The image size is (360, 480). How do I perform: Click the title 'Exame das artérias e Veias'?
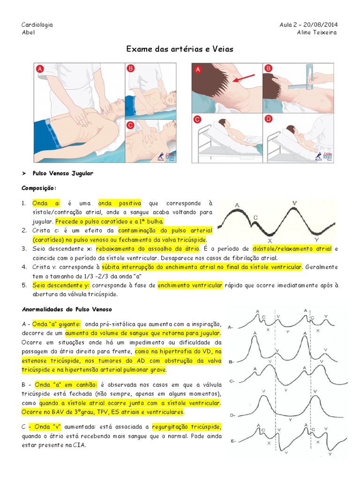pos(180,49)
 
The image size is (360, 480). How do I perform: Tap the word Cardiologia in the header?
pos(37,24)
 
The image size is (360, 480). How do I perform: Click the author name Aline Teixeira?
pos(317,32)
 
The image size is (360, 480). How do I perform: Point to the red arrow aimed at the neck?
pos(243,78)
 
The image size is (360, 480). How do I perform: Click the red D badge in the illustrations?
pos(269,119)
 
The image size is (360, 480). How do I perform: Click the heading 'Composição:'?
pos(39,188)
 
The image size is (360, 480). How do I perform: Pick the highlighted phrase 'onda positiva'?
pos(120,203)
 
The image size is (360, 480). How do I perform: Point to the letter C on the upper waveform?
pos(255,217)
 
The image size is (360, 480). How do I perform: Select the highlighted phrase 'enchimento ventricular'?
pos(190,285)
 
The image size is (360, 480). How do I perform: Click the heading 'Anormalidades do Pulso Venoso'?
pos(67,309)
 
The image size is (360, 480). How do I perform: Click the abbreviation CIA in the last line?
pos(79,445)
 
